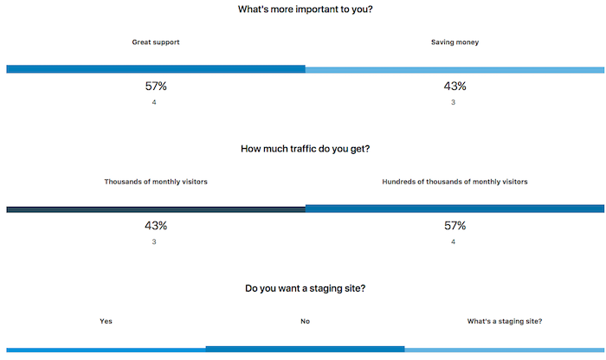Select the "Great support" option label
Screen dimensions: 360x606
pos(156,42)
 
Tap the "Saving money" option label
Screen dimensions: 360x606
pos(455,42)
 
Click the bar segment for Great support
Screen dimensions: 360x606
pos(156,69)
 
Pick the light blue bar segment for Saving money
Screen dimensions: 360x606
pos(455,69)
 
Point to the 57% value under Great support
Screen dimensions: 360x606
pos(156,86)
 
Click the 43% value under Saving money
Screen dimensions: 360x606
pos(455,86)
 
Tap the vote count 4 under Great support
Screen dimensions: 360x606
pos(154,103)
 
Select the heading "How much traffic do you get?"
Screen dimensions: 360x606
pos(306,149)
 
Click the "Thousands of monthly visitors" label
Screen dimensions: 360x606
pos(156,182)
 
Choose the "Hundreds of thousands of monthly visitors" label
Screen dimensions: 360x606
pos(455,182)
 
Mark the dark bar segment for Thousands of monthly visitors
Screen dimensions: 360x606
pos(156,209)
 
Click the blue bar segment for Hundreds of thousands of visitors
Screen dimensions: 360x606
pos(455,209)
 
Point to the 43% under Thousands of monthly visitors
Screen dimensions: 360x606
pos(156,226)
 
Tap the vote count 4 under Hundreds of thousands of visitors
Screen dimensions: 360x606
pos(454,242)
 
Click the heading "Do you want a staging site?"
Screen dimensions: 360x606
pos(305,288)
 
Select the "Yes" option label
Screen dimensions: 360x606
pos(106,321)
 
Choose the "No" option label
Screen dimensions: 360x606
pos(305,321)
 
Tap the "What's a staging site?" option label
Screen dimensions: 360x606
pos(505,321)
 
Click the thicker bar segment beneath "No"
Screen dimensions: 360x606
pos(305,349)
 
